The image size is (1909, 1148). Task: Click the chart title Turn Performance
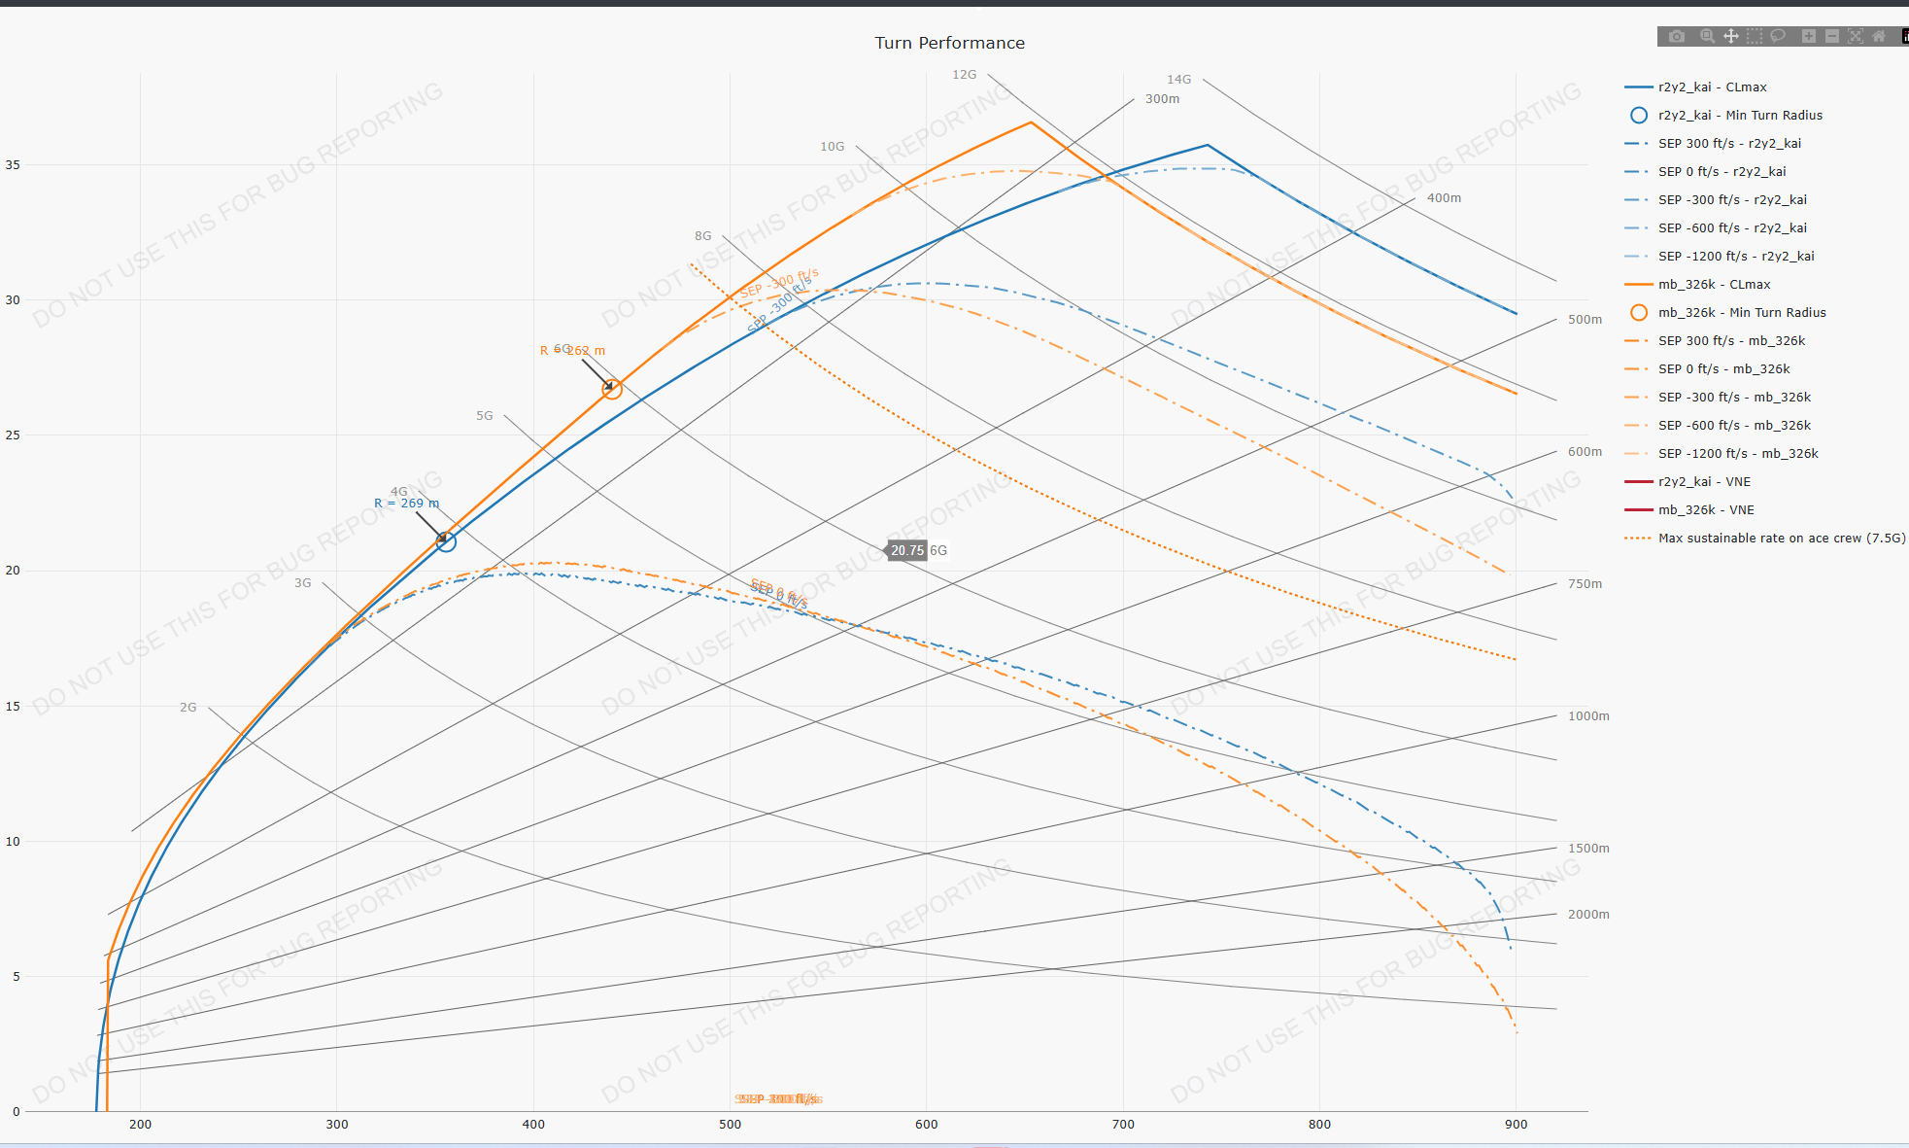pyautogui.click(x=949, y=43)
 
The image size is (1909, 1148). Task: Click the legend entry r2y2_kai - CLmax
pyautogui.click(x=1712, y=87)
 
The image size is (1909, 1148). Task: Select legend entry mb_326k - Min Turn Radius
pyautogui.click(x=1742, y=313)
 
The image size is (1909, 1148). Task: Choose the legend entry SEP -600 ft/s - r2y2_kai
pyautogui.click(x=1732, y=228)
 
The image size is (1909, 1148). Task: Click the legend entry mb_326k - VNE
pyautogui.click(x=1706, y=510)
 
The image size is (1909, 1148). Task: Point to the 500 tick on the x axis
pyautogui.click(x=730, y=1125)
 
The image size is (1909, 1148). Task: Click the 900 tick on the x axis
pyautogui.click(x=1516, y=1125)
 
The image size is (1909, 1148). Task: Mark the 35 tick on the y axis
pyautogui.click(x=13, y=165)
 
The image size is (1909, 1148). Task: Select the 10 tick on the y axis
pyautogui.click(x=13, y=842)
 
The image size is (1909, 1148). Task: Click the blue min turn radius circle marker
pyautogui.click(x=446, y=541)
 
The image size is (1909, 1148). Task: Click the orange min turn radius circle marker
pyautogui.click(x=611, y=389)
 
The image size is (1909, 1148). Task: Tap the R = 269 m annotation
pyautogui.click(x=407, y=504)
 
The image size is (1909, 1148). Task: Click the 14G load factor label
pyautogui.click(x=1178, y=80)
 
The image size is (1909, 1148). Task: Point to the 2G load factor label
pyautogui.click(x=188, y=708)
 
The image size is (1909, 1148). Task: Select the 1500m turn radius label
pyautogui.click(x=1588, y=849)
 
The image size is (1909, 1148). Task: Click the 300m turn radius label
pyautogui.click(x=1162, y=99)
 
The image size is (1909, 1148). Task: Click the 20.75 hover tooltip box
pyautogui.click(x=907, y=551)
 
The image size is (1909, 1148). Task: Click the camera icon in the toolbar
pyautogui.click(x=1677, y=37)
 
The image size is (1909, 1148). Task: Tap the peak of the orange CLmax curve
pyautogui.click(x=1031, y=122)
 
